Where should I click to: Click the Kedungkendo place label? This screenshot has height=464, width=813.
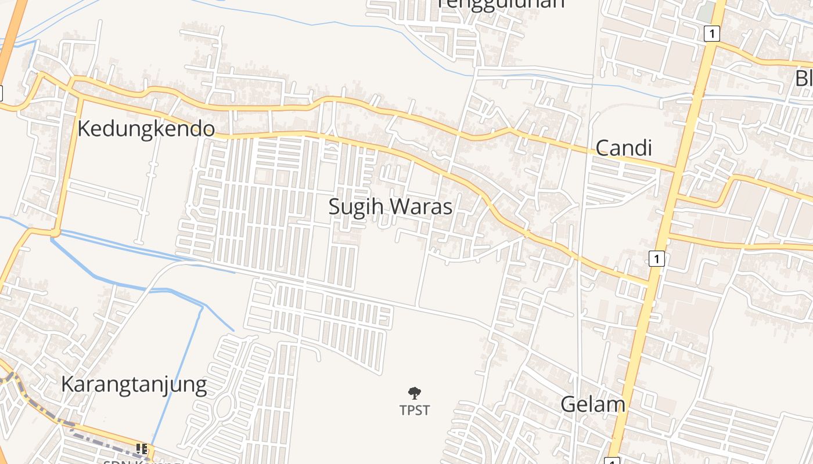pos(146,129)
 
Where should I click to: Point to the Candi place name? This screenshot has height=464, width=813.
pos(624,148)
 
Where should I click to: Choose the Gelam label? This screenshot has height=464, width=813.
pos(592,404)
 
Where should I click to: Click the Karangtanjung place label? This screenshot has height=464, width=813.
pos(134,385)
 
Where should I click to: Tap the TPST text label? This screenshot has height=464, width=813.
pos(415,410)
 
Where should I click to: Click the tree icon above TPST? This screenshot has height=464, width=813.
pos(415,394)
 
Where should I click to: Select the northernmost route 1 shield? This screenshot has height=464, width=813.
pos(711,34)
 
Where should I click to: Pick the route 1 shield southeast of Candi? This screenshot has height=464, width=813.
pos(656,259)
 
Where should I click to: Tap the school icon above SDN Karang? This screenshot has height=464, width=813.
pos(141,448)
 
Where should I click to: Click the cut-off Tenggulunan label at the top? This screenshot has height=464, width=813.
pos(501,3)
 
